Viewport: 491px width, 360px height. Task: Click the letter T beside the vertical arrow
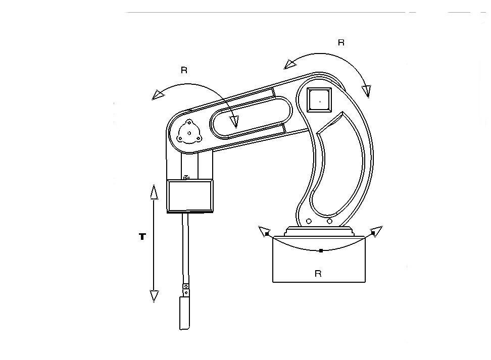click(142, 236)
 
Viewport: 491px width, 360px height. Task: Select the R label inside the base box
click(318, 274)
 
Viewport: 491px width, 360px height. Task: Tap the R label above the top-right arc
click(341, 43)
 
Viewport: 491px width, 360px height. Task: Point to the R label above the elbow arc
click(184, 70)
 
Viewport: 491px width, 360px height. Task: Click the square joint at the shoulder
click(320, 101)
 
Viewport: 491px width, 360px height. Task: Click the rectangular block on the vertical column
click(190, 196)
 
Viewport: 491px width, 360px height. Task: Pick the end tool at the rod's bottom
click(185, 313)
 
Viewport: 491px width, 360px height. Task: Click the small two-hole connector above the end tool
click(186, 290)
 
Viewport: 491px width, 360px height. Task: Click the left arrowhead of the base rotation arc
click(264, 231)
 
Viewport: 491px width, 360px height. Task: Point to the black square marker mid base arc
click(321, 250)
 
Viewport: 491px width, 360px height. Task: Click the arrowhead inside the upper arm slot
click(233, 121)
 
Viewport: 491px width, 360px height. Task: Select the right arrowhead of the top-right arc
click(366, 91)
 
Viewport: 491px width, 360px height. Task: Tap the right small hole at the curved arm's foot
click(329, 221)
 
